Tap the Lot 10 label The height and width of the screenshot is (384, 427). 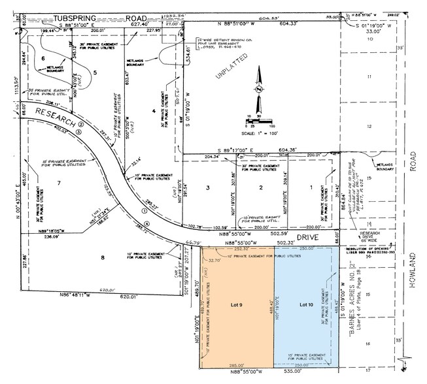click(307, 304)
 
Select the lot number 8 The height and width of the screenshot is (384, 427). click(101, 257)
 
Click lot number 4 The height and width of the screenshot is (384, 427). click(153, 112)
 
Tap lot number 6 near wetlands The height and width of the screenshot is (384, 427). click(43, 58)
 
